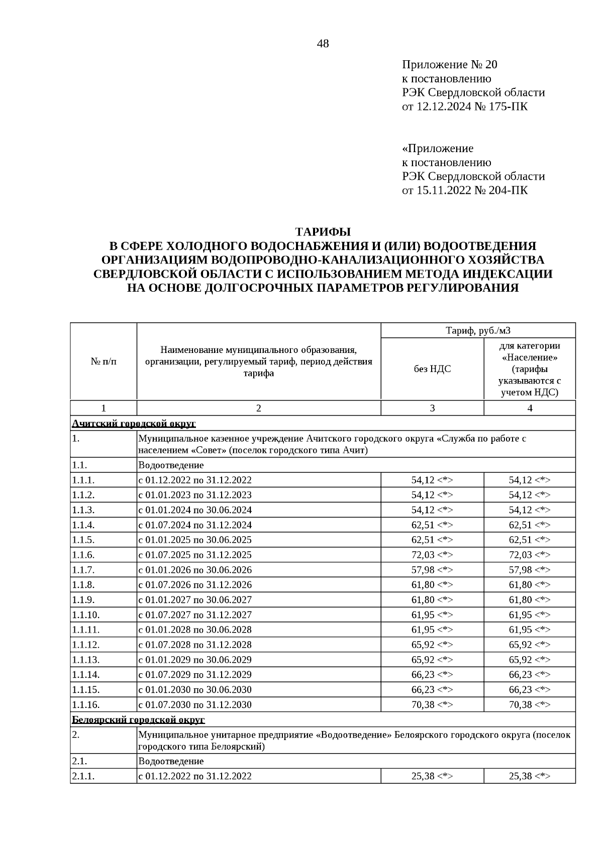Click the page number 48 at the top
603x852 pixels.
click(323, 44)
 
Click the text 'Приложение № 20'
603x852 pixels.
click(449, 65)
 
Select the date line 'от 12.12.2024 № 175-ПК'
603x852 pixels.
click(465, 106)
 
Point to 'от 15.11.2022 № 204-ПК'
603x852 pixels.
click(465, 190)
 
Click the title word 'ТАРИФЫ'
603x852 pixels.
click(323, 232)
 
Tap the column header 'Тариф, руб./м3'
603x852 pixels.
click(478, 330)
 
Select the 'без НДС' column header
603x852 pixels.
click(432, 369)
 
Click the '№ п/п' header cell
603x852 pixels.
click(104, 361)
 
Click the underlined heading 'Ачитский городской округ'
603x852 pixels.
click(134, 424)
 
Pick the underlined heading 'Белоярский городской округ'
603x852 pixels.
click(138, 720)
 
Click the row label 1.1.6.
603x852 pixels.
click(83, 555)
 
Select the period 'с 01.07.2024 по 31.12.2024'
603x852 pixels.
click(195, 525)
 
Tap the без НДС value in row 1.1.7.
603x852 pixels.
click(432, 570)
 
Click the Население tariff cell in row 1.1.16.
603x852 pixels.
click(529, 704)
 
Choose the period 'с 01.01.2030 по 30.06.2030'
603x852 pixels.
click(195, 689)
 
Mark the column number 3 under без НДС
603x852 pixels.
click(432, 408)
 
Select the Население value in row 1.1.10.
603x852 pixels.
click(529, 615)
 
